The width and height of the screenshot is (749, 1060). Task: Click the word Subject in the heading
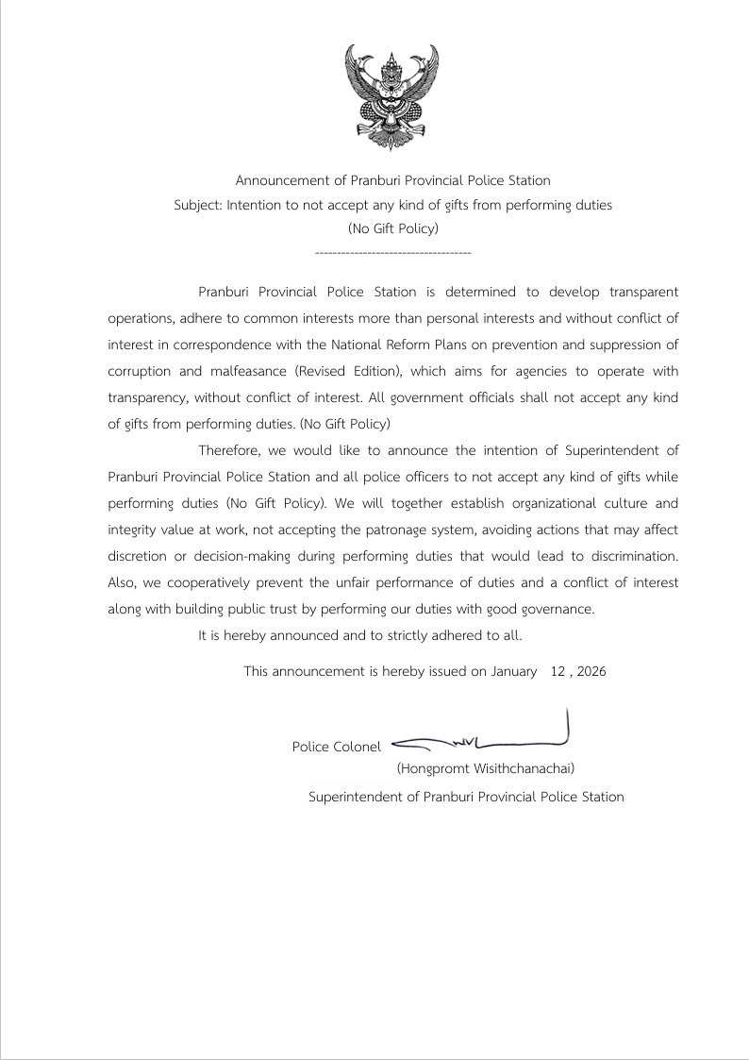coord(197,204)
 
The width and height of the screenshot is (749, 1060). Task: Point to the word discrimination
coord(626,556)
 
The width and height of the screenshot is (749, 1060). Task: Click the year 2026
coord(591,672)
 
